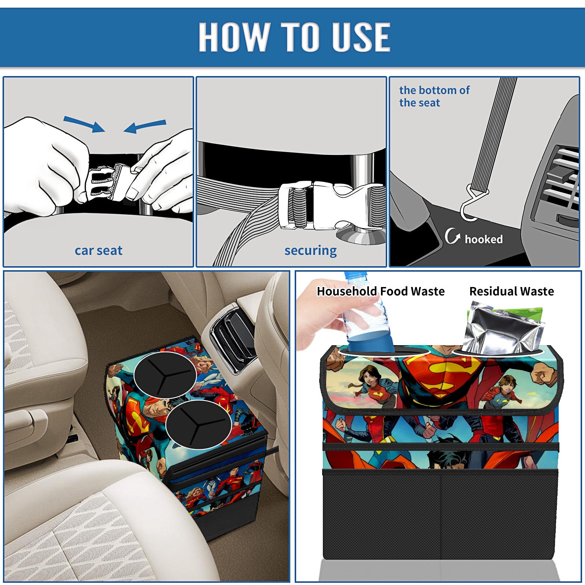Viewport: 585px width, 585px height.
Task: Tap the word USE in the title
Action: tap(361, 37)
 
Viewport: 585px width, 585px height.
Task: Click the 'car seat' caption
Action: tap(98, 250)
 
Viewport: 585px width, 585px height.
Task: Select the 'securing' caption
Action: tap(310, 251)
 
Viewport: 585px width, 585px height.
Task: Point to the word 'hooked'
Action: tap(484, 239)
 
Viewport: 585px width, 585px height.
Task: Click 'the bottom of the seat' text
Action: tap(434, 96)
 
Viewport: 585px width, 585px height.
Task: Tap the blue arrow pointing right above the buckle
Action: tap(84, 124)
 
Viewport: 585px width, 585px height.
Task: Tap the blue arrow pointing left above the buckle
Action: tap(145, 126)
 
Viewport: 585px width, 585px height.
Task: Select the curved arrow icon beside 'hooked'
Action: tap(452, 236)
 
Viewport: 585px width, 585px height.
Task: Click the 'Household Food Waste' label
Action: tap(381, 291)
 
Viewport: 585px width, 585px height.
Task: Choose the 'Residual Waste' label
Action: tap(512, 291)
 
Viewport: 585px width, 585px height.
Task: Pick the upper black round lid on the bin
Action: tap(165, 375)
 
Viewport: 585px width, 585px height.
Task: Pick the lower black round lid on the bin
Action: tap(199, 424)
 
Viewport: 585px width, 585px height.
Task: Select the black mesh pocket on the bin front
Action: tap(440, 516)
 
